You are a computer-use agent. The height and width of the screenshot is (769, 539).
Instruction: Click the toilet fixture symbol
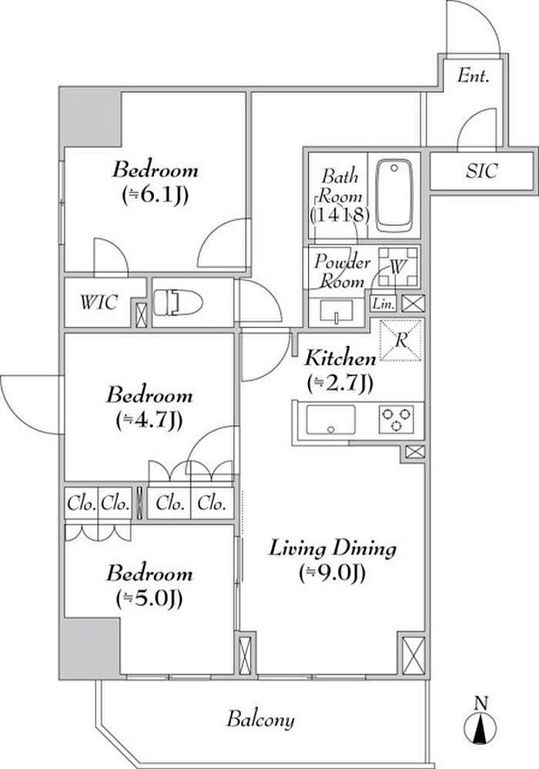178,302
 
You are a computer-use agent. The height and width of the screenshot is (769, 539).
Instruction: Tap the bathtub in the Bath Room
394,195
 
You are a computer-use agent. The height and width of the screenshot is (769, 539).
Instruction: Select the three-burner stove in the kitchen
396,419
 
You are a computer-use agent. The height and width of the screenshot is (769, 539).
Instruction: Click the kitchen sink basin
331,420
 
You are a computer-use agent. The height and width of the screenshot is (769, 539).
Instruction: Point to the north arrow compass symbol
480,721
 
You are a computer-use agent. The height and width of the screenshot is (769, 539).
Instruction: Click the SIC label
481,171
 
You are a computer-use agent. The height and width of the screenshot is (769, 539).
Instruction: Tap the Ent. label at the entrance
474,76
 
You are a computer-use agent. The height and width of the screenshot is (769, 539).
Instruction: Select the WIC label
99,302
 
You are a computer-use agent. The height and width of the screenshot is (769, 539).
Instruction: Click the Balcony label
261,720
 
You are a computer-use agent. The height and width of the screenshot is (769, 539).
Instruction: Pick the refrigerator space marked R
401,341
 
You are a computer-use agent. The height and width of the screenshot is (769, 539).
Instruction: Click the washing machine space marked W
398,267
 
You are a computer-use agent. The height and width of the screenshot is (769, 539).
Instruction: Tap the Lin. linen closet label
383,304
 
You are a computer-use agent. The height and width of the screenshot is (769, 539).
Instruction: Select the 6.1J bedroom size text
155,195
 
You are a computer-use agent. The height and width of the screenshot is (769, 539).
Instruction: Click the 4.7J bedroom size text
149,421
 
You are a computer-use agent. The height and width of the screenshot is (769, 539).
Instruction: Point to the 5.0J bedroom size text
149,598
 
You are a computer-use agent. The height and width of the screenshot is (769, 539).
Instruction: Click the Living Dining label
333,548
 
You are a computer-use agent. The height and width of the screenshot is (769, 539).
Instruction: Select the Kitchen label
340,358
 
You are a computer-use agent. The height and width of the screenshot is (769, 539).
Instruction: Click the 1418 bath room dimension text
340,215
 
